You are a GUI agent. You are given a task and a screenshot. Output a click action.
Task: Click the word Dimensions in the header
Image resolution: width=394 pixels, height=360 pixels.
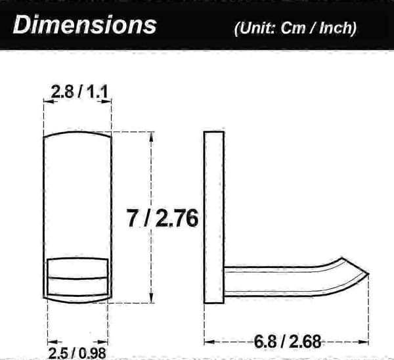click(x=85, y=24)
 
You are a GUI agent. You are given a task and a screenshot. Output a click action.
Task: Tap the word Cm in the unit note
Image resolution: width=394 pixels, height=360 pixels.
click(x=293, y=28)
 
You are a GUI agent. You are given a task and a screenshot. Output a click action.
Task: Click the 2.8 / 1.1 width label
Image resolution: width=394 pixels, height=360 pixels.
click(x=79, y=92)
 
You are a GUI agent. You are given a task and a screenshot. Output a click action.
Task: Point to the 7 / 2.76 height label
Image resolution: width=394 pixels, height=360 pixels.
click(x=162, y=218)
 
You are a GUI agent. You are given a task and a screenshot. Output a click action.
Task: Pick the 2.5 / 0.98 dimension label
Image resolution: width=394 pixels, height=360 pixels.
click(x=77, y=353)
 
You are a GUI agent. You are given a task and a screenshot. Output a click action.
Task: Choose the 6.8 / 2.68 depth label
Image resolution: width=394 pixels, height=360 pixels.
click(x=288, y=342)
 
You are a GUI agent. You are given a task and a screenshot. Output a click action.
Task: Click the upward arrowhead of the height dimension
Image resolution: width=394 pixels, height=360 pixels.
click(x=151, y=137)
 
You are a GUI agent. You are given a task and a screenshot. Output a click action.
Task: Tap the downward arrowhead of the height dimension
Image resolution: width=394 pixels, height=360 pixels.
click(x=151, y=298)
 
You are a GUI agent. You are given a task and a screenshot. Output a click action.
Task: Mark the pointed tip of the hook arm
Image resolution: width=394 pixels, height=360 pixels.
click(x=368, y=273)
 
